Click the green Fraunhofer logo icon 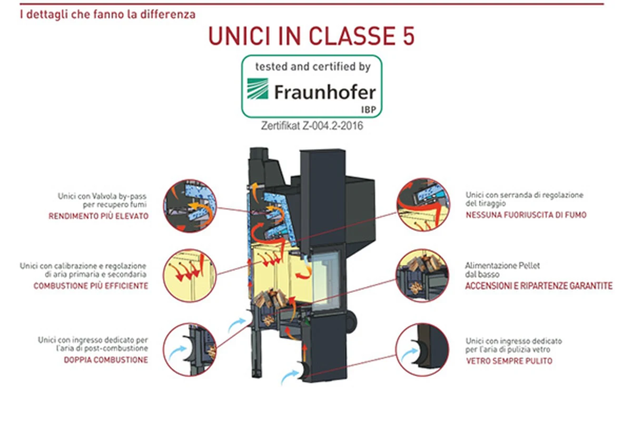click(258, 89)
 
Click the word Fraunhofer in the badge click(325, 92)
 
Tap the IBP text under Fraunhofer click(369, 109)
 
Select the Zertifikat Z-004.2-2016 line click(312, 126)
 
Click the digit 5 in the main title click(409, 36)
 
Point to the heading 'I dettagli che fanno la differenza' click(108, 14)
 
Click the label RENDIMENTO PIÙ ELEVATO click(98, 216)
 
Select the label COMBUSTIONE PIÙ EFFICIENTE click(91, 286)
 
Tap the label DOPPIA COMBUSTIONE click(106, 360)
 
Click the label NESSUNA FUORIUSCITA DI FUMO click(526, 215)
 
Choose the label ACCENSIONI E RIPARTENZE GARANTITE click(539, 286)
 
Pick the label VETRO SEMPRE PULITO click(509, 360)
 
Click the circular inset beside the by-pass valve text click(190, 206)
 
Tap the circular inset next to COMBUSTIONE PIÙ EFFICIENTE click(190, 275)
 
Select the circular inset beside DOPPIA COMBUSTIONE click(190, 349)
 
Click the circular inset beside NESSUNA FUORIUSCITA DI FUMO click(423, 205)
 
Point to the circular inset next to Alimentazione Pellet click(422, 275)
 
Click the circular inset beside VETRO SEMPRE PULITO click(422, 349)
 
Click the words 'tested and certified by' click(313, 67)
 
